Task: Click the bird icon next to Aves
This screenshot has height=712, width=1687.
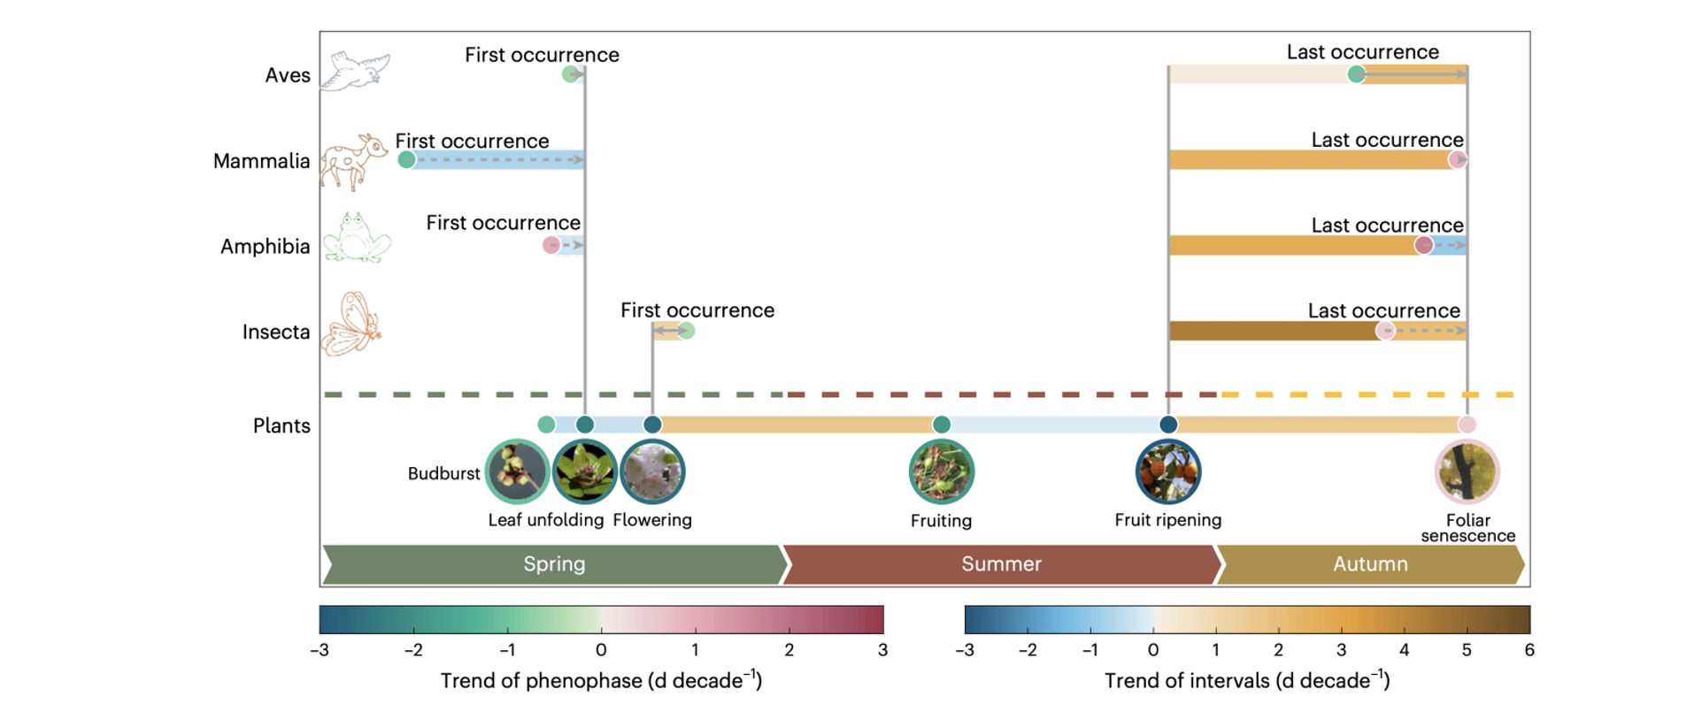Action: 354,71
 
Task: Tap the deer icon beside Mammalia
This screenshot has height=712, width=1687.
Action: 353,162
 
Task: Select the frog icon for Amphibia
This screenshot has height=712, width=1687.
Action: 357,237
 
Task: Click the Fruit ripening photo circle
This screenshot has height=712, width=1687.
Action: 1168,471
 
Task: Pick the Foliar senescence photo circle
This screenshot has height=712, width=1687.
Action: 1467,471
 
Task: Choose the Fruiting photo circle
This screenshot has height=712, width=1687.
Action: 941,471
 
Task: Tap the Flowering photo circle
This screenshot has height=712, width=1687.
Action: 652,471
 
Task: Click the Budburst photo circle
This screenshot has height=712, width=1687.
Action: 518,471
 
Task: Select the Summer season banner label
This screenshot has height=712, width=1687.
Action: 1001,563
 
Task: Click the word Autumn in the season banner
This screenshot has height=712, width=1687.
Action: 1370,563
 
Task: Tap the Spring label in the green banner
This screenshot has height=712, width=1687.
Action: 554,564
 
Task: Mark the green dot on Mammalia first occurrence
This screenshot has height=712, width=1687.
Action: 406,159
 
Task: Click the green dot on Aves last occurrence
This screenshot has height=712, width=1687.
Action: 1356,74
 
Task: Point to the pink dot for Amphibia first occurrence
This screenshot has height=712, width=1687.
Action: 551,245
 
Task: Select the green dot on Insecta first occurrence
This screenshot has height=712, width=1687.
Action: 686,331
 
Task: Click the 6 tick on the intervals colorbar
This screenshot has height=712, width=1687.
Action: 1529,650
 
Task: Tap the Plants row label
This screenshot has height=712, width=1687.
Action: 281,425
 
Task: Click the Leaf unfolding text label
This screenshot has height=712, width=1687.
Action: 546,520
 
